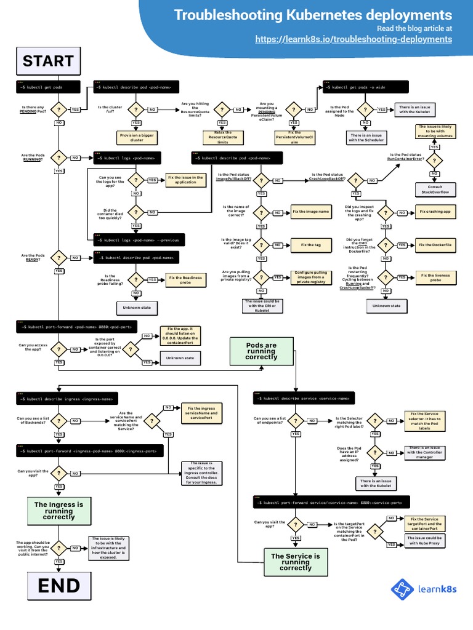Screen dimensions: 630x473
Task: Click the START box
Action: pyautogui.click(x=48, y=61)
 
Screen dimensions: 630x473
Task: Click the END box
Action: pyautogui.click(x=59, y=585)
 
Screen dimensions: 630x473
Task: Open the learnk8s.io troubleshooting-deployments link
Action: pyautogui.click(x=354, y=39)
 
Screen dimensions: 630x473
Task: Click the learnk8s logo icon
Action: pyautogui.click(x=403, y=589)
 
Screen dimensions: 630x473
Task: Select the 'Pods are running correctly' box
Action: pyautogui.click(x=261, y=351)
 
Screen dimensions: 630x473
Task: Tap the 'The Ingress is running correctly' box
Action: pyautogui.click(x=59, y=511)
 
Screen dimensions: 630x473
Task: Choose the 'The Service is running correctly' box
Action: pyautogui.click(x=296, y=562)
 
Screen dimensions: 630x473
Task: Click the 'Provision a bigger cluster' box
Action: pyautogui.click(x=134, y=137)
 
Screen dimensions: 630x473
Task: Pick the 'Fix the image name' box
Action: pyautogui.click(x=311, y=212)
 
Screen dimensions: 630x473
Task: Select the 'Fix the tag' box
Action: pyautogui.click(x=311, y=245)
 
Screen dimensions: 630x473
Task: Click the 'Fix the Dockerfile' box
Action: pyautogui.click(x=435, y=245)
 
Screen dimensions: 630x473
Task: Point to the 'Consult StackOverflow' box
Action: pyautogui.click(x=435, y=189)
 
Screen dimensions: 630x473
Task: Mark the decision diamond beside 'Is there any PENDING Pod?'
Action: pyautogui.click(x=59, y=110)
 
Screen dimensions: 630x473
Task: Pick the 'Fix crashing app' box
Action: pyautogui.click(x=435, y=212)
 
